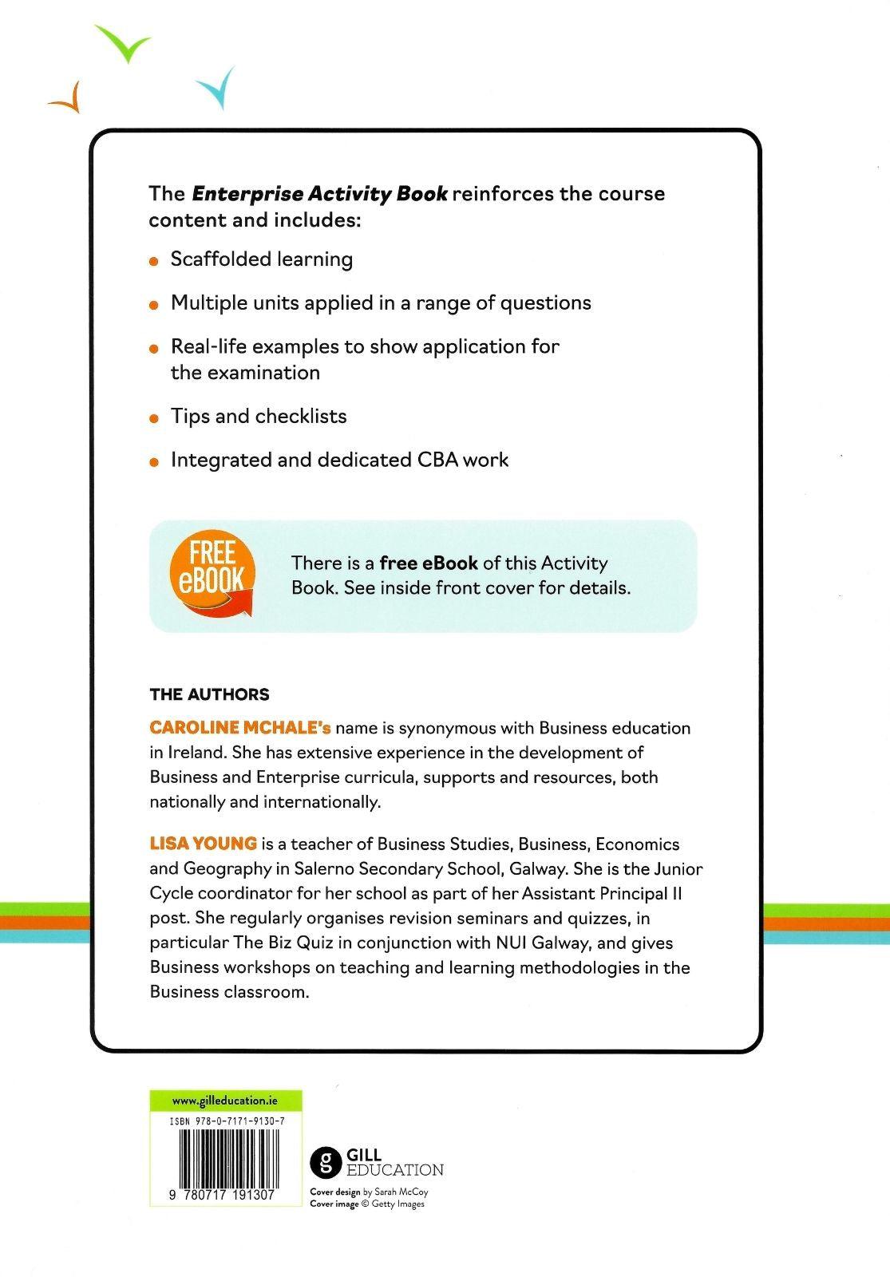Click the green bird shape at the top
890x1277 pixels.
(124, 45)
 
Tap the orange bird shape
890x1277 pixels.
(69, 98)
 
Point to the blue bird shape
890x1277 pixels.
(217, 89)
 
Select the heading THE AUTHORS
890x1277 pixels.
(209, 694)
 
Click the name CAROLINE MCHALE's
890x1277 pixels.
(240, 728)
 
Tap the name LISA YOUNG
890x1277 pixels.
(203, 844)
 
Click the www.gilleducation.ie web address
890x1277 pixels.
(225, 1101)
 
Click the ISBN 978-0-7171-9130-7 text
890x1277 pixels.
(227, 1121)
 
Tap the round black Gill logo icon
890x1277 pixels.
(325, 1162)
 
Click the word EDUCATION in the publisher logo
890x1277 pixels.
(394, 1170)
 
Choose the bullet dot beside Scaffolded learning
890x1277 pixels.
(154, 261)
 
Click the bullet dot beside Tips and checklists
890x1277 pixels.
(154, 418)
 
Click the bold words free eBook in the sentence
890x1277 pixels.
(429, 563)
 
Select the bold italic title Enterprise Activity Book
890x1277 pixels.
(319, 194)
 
